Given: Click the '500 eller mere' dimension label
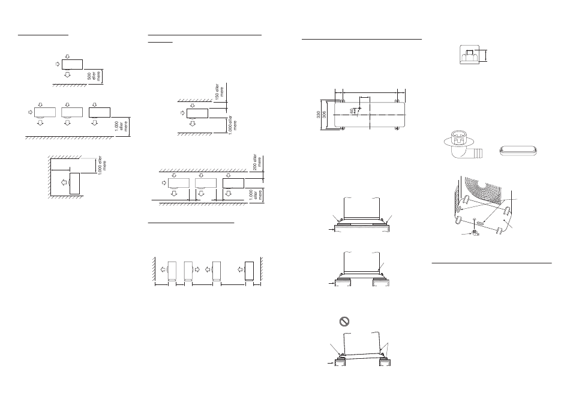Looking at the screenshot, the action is tap(94, 76).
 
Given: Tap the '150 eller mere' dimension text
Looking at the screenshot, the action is tap(220, 92).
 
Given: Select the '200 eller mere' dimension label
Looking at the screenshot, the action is tap(257, 162).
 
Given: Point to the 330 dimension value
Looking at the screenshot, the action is tap(319, 115).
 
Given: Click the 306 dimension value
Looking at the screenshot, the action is tap(324, 115).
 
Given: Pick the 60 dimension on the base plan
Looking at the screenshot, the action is tap(352, 110).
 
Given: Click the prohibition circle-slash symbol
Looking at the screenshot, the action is tap(344, 321).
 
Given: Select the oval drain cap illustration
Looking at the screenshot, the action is tap(518, 151).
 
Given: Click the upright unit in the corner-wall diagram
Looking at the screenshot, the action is tap(74, 184).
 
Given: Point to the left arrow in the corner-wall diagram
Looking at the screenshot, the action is tap(64, 182).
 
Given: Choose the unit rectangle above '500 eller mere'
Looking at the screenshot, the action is tap(73, 64).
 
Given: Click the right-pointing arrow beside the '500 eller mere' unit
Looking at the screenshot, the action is tap(58, 64).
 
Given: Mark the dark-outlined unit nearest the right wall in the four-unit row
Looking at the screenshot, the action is tap(249, 271).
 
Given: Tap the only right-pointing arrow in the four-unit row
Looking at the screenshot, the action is tap(197, 270).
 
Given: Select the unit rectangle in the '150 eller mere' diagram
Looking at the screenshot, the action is tap(197, 113).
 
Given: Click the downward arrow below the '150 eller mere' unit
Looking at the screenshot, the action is tap(193, 123).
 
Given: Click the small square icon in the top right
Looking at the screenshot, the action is tap(469, 55).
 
